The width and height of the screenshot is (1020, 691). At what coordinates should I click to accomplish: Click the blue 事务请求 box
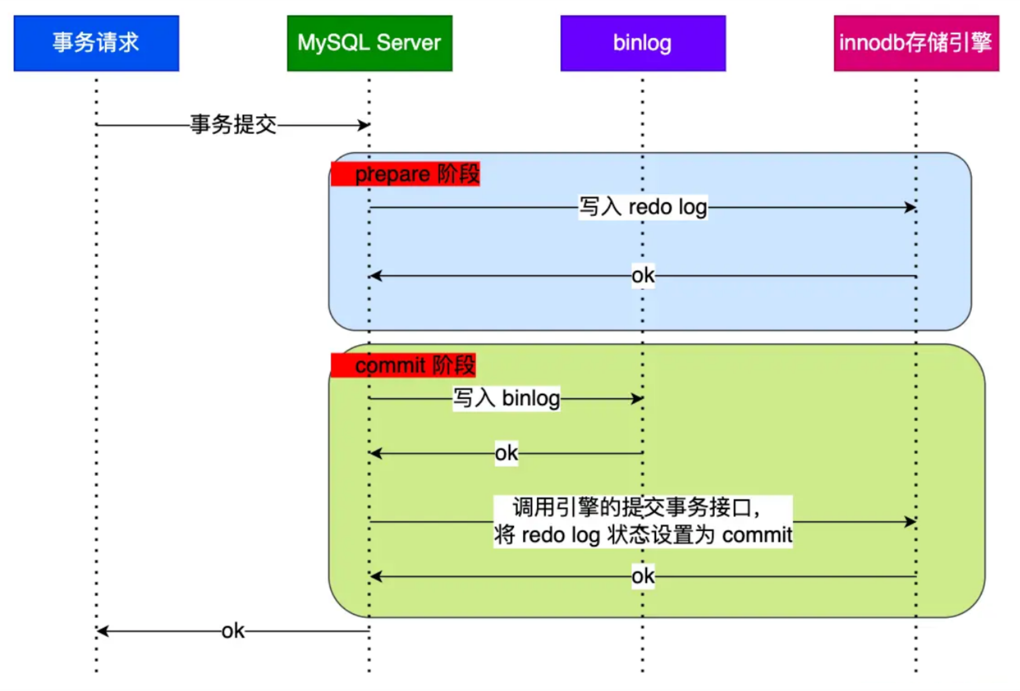coord(96,43)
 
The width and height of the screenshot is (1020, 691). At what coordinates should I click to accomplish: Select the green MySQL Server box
coord(369,43)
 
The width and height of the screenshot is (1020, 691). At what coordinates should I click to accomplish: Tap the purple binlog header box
coord(643,43)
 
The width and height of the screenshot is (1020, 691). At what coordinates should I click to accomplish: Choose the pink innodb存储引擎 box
coord(916,43)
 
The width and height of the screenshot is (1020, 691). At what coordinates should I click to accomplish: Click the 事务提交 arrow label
coord(233,124)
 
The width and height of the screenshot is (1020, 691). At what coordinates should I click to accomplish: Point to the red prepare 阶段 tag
coord(405,174)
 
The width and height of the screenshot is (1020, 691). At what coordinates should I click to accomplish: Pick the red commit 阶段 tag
coord(403,366)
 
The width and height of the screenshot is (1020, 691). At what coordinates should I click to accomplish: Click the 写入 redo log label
coord(643,207)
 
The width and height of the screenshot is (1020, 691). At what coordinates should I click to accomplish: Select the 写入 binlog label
coord(506,398)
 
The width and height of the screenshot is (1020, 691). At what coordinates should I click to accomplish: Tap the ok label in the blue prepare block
coord(643,275)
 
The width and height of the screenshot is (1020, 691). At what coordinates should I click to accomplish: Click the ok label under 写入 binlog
coord(506,453)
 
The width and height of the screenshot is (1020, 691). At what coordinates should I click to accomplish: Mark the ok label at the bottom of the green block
coord(643,576)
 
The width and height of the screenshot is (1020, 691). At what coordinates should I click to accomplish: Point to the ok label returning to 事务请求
coord(233,631)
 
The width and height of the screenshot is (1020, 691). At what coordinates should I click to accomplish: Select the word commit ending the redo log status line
coord(757,535)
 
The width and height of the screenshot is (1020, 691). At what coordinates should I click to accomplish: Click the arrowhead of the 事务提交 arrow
coord(364,125)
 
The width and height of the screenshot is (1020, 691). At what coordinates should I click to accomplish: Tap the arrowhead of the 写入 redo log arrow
coord(910,208)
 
